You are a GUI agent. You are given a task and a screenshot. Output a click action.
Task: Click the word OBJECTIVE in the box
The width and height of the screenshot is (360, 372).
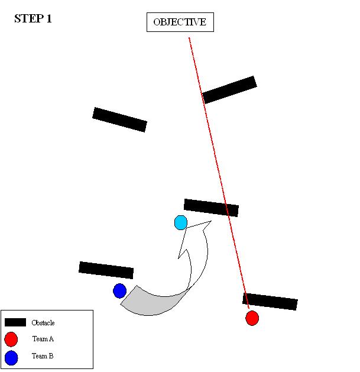coord(180,22)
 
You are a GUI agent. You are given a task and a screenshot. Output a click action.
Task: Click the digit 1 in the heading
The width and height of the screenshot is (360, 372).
coord(49,19)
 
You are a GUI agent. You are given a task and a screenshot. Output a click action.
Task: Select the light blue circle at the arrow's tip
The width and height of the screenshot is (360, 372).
coord(181,222)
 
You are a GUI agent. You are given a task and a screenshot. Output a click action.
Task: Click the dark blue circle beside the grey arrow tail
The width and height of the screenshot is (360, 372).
coord(119,290)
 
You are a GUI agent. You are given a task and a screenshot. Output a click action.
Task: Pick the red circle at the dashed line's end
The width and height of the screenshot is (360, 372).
coord(252,318)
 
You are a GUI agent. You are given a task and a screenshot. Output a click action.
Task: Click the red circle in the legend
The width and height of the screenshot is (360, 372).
coord(11,339)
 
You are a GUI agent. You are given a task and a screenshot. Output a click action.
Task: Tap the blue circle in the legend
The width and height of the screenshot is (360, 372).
coord(11,357)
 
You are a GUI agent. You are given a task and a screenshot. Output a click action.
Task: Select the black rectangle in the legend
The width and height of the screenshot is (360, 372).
coord(15,322)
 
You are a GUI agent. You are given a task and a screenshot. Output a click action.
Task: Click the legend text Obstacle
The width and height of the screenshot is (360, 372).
coord(43,323)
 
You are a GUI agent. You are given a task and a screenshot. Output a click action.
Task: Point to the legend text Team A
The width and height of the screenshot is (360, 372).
coord(43,339)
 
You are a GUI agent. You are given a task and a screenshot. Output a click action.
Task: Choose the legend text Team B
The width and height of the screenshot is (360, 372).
coord(43,356)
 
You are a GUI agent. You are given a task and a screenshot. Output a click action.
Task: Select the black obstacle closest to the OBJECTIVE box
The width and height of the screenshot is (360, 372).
coord(229,89)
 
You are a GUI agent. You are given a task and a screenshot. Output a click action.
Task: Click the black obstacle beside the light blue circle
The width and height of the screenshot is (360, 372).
coord(211,208)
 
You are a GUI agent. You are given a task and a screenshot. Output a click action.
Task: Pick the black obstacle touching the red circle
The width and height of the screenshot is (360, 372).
coord(270,301)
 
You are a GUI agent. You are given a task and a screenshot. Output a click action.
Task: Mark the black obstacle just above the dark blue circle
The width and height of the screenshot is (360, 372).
coord(106,270)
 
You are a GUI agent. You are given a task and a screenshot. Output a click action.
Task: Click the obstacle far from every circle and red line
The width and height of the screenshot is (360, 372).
coord(119,119)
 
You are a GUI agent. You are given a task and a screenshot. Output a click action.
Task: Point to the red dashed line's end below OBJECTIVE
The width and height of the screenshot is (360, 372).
coord(189,39)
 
